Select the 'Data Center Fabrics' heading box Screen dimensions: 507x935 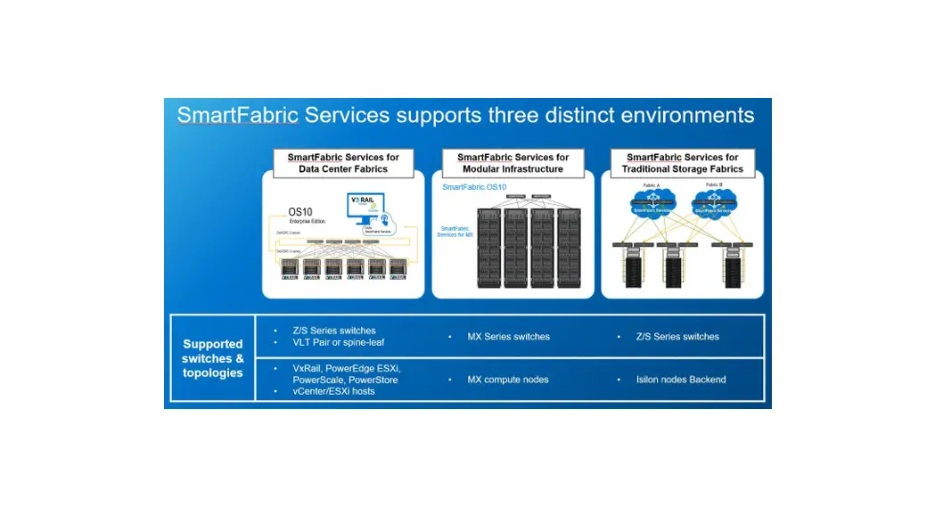click(343, 163)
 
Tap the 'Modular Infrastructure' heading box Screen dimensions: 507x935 click(513, 163)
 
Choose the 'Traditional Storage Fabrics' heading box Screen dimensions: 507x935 click(682, 163)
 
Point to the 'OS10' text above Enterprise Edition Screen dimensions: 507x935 click(300, 211)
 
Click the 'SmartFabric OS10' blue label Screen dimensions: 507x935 click(474, 188)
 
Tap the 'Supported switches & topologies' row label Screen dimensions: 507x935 click(212, 358)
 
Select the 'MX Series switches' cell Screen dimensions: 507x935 click(508, 337)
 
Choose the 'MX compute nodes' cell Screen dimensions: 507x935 click(507, 380)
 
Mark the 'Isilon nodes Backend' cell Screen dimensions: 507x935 click(681, 380)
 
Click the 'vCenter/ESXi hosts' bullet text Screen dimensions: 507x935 click(333, 391)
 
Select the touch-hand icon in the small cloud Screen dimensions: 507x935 click(385, 219)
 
